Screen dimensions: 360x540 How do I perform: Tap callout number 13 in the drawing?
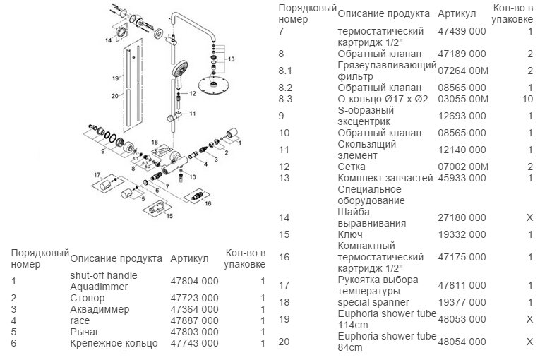[230, 61]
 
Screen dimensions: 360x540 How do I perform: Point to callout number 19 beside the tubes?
[114, 78]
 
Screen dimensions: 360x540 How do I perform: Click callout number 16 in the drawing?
[208, 203]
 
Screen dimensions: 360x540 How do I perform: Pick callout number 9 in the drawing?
[102, 151]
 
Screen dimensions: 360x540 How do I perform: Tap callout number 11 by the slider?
[191, 112]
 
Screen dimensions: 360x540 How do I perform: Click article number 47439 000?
[462, 32]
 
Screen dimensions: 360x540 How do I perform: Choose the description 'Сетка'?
[351, 166]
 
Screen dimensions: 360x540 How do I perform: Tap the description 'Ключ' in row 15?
[350, 234]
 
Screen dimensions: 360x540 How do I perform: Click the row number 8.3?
[287, 99]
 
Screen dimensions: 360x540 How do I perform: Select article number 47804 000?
[194, 281]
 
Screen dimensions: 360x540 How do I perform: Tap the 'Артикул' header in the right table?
[455, 13]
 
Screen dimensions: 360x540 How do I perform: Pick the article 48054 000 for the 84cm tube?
[462, 341]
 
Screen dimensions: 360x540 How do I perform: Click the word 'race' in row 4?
[80, 320]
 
